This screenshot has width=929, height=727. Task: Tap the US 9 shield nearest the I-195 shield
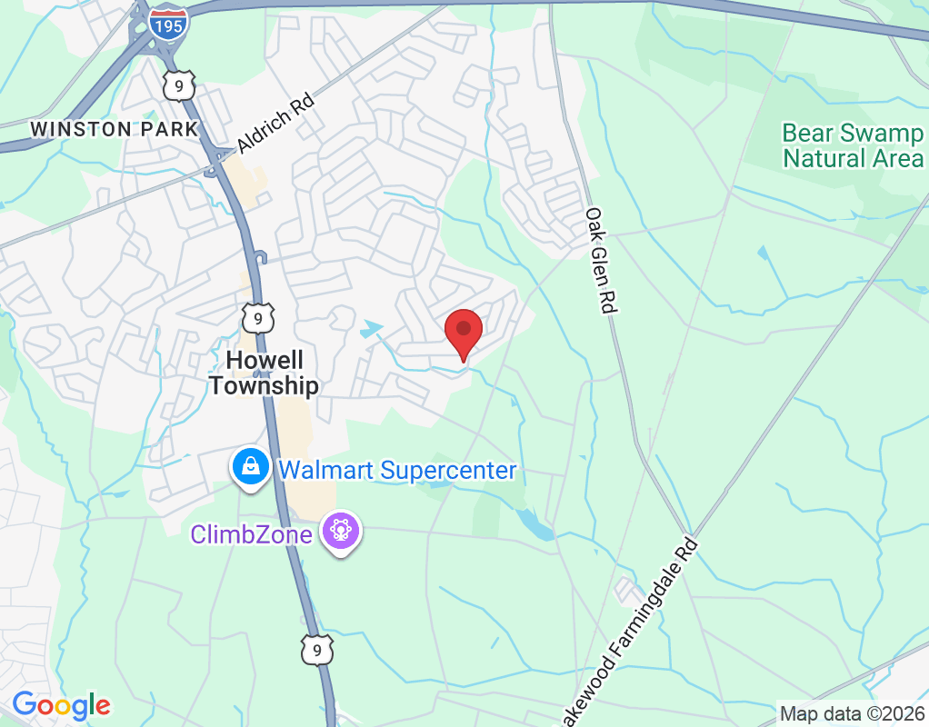(179, 85)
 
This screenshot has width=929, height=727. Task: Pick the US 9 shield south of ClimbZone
(316, 650)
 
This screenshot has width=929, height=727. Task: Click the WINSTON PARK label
(114, 129)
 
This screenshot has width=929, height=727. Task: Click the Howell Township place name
(264, 373)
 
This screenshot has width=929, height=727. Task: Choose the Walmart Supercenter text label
(397, 471)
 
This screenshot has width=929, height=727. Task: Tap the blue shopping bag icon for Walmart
(250, 467)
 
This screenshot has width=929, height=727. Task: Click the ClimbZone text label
(253, 533)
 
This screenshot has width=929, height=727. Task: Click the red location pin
(464, 331)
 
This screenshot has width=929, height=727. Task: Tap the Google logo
(62, 705)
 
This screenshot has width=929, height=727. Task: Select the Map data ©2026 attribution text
(851, 714)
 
